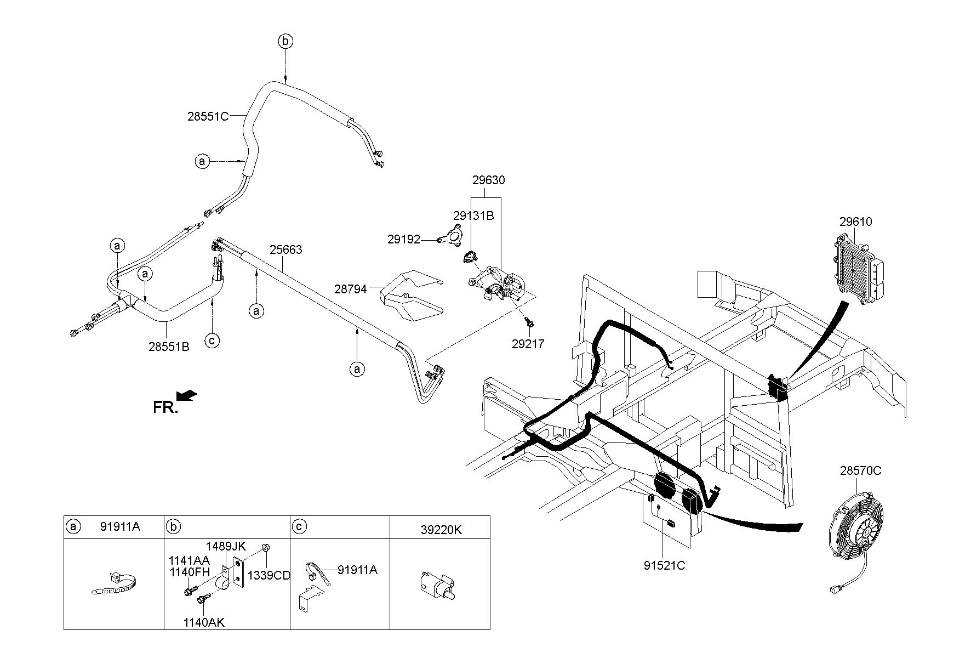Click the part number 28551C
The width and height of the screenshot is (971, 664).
tap(207, 116)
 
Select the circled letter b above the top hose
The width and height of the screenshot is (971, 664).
tap(285, 41)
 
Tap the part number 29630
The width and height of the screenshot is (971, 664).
tap(488, 180)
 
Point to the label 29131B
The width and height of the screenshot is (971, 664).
tap(473, 215)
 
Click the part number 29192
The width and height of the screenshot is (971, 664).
tap(404, 240)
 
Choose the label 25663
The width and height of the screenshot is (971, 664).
tap(285, 250)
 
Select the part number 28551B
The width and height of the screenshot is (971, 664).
tap(169, 347)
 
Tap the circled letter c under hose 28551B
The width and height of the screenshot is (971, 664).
tap(212, 340)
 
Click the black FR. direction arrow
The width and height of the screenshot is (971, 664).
tap(186, 395)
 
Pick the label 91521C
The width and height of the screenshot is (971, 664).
tap(665, 565)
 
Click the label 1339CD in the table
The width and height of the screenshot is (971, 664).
tap(269, 575)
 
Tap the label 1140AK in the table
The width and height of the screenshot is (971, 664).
tap(204, 622)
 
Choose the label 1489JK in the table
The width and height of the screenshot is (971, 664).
tap(226, 546)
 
